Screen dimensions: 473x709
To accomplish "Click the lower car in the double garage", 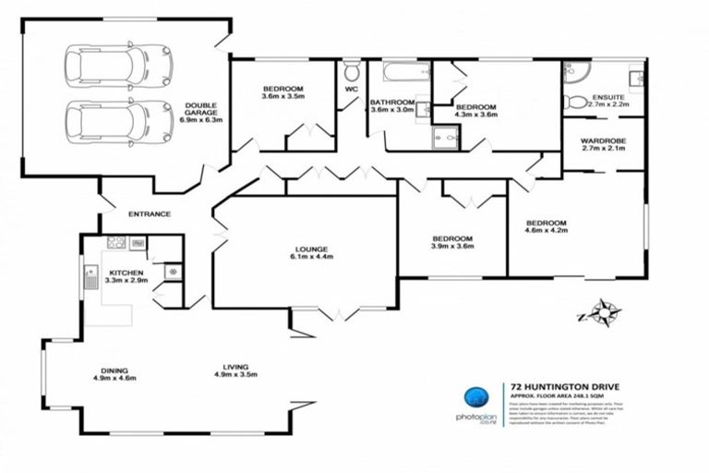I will (x=107, y=121).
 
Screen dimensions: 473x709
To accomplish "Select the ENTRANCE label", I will (x=150, y=214).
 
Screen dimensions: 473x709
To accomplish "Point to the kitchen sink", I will (x=91, y=275).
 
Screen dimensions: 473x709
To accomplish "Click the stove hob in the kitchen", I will (x=117, y=243).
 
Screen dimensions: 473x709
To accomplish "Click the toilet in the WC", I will (x=352, y=72).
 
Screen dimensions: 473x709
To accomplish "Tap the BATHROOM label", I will (x=391, y=106).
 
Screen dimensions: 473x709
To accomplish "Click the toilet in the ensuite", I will (x=571, y=100).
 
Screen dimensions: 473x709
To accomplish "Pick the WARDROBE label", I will (x=604, y=144).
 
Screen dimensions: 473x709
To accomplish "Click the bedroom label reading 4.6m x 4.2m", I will (x=547, y=228).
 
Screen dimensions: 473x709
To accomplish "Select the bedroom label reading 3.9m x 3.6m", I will (x=452, y=242).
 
